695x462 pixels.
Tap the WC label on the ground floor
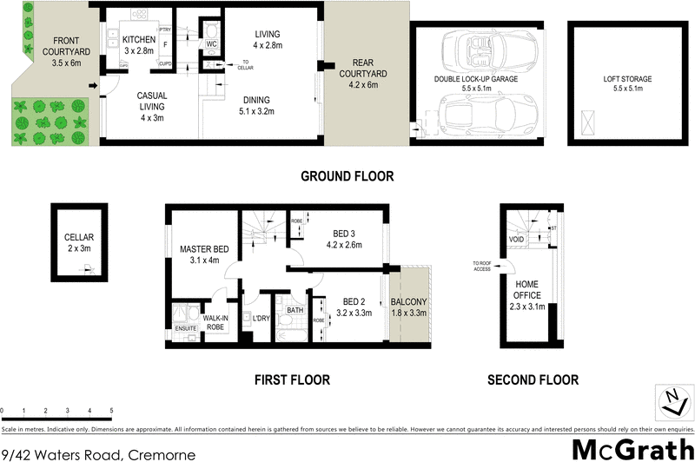pyautogui.click(x=211, y=43)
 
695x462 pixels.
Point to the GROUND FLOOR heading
pyautogui.click(x=347, y=176)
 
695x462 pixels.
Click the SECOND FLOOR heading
pyautogui.click(x=532, y=379)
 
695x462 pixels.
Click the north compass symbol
pyautogui.click(x=672, y=400)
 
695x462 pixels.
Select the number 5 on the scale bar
pyautogui.click(x=111, y=410)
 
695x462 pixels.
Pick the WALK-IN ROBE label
pyautogui.click(x=216, y=323)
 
